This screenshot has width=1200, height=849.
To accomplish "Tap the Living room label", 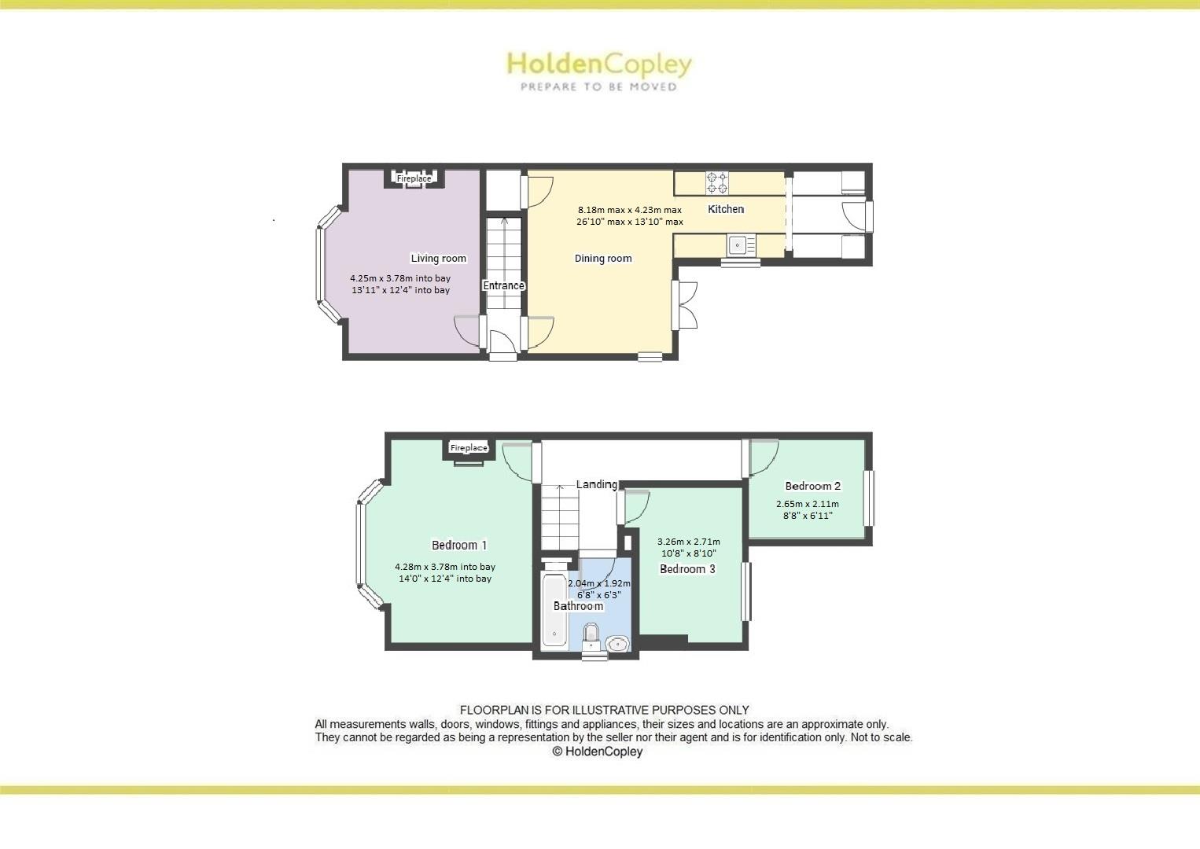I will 438,259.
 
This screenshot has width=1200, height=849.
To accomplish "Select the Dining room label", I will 603,259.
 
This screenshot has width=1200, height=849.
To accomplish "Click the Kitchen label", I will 726,209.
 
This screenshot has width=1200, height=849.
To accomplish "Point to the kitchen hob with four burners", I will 717,183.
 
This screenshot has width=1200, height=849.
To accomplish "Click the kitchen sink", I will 738,245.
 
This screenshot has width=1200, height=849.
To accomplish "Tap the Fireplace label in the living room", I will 414,178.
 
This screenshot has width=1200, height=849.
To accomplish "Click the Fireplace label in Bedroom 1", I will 469,448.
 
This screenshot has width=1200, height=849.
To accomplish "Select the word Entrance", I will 503,285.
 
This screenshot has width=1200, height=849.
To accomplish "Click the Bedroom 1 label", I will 459,545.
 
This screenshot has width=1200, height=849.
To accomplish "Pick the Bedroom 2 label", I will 813,486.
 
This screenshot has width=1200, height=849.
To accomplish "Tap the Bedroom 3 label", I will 687,569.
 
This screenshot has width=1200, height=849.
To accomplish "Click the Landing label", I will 596,484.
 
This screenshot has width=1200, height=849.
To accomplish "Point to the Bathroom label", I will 578,606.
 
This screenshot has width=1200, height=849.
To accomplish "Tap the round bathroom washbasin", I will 617,644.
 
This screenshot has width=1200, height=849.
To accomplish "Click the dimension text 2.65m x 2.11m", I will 808,505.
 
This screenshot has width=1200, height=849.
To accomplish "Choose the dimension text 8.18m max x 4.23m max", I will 630,210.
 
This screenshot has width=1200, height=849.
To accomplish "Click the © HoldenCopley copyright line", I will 598,752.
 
